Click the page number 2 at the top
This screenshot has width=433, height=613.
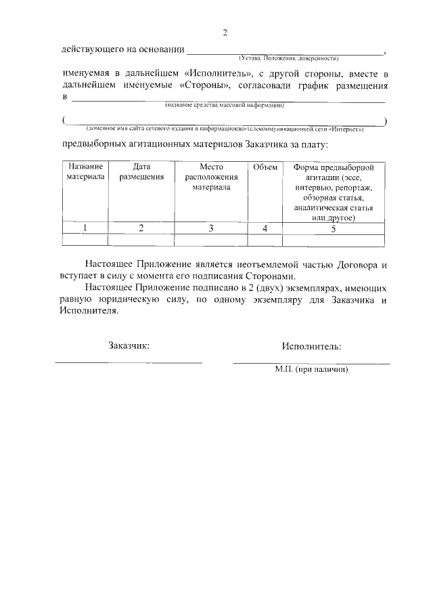(x=226, y=33)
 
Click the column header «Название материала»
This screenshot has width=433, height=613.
(x=85, y=172)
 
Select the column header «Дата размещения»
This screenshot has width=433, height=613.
(x=141, y=172)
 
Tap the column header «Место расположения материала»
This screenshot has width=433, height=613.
(x=211, y=177)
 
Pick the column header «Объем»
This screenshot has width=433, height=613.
(x=265, y=167)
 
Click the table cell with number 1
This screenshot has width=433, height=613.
(x=85, y=228)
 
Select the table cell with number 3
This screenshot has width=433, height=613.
(x=211, y=228)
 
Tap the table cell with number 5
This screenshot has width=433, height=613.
(x=334, y=228)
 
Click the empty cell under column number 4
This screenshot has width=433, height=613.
(x=265, y=240)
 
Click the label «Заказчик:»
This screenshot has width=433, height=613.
(x=129, y=346)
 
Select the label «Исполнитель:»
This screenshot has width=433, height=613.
(x=311, y=346)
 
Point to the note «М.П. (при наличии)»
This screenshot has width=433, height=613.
(x=311, y=371)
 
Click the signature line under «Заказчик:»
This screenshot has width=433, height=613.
(x=129, y=363)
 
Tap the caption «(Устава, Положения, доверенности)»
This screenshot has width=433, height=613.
(x=288, y=58)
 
